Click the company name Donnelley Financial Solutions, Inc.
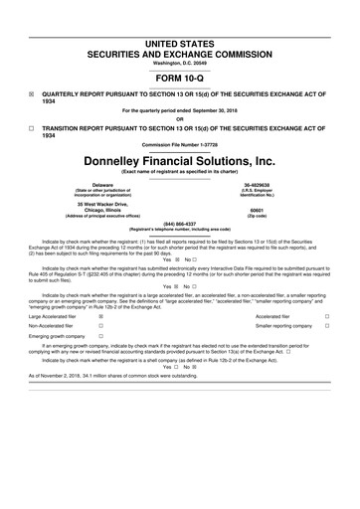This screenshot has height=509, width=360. pyautogui.click(x=179, y=160)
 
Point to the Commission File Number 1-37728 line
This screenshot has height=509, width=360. pyautogui.click(x=179, y=144)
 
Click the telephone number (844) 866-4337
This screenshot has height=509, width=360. pyautogui.click(x=179, y=223)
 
